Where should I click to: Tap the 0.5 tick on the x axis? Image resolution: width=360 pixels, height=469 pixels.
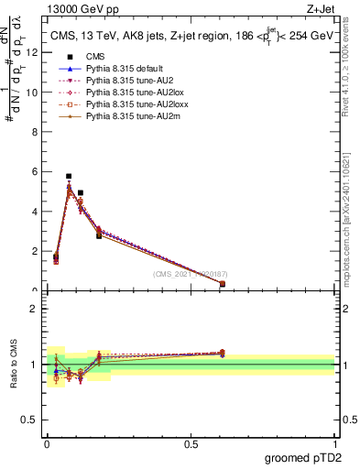[191, 455]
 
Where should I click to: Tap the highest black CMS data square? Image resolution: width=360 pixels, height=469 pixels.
[69, 176]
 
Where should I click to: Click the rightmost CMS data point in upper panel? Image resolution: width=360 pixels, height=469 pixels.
[223, 284]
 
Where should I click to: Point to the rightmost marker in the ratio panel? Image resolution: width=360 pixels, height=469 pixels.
[223, 353]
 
